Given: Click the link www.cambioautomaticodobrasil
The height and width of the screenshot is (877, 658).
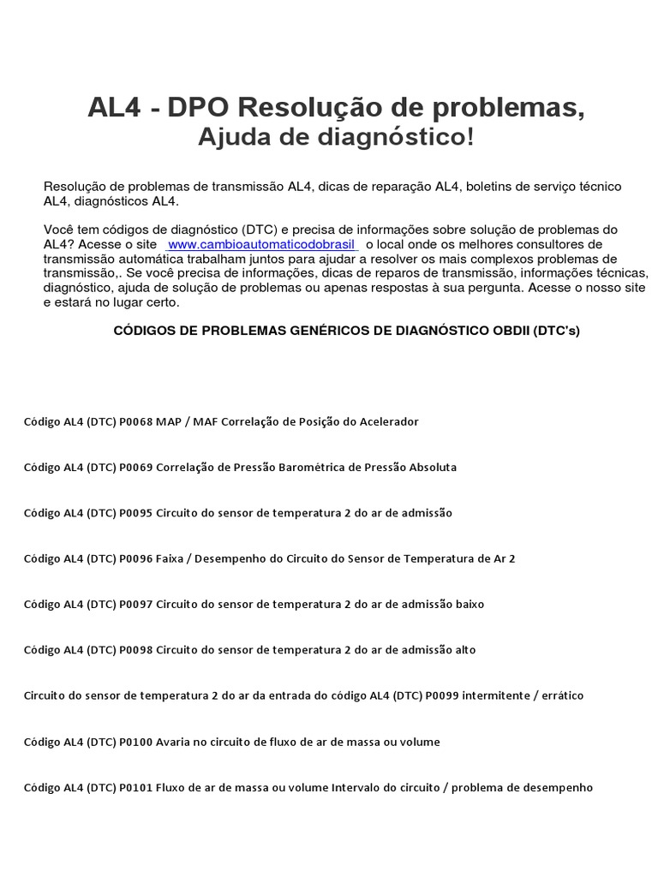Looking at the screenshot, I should [x=261, y=244].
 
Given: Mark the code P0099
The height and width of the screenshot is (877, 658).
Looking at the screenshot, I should [x=442, y=695].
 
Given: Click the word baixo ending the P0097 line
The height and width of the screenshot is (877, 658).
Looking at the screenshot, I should [x=469, y=604].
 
